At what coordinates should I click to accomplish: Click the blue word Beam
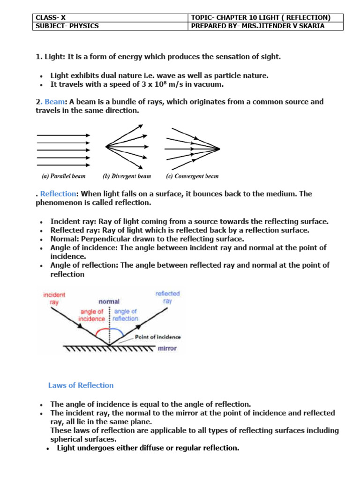[x=54, y=102]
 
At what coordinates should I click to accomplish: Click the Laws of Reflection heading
[x=81, y=385]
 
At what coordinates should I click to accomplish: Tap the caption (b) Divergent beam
[x=127, y=176]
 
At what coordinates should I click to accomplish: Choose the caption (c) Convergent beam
[x=192, y=176]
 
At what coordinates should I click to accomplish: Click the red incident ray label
[x=54, y=299]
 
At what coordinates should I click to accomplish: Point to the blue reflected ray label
[x=167, y=297]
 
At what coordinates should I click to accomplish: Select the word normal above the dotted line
[x=109, y=301]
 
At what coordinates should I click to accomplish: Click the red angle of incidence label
[x=92, y=315]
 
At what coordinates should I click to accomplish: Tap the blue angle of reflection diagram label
[x=126, y=315]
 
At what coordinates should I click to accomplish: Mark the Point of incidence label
[x=157, y=337]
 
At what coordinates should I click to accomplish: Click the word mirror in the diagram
[x=167, y=349]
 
